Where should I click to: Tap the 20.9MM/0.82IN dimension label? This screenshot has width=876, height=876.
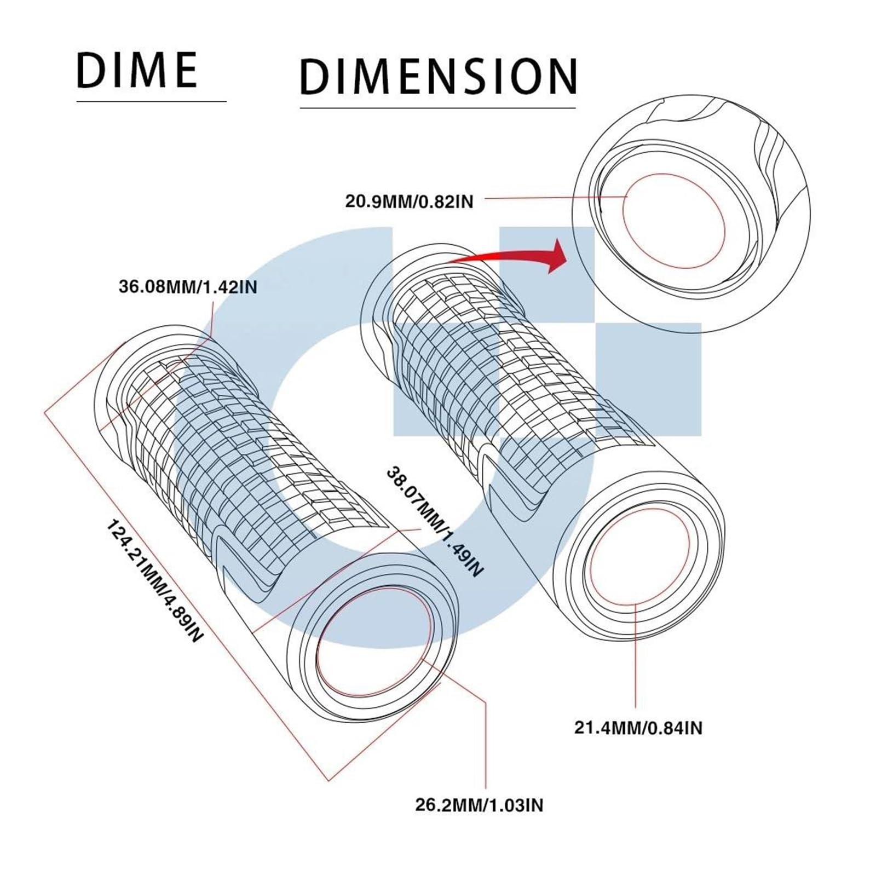point(408,201)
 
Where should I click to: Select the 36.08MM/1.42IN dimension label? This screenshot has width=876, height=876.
point(188,287)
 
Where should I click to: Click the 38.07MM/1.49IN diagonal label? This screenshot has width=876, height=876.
point(436,521)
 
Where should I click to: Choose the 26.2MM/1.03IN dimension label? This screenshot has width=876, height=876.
point(479,805)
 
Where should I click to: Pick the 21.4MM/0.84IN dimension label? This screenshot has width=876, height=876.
point(638,728)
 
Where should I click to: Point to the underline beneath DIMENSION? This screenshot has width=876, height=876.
point(438,108)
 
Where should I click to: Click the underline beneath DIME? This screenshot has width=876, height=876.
point(151,101)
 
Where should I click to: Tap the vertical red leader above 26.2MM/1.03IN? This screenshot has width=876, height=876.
point(486,745)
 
